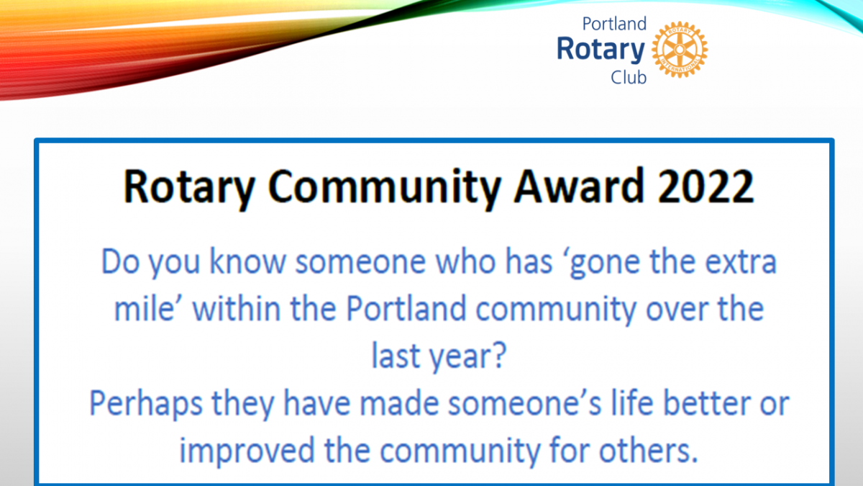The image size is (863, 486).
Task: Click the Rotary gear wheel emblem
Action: pyautogui.click(x=680, y=50)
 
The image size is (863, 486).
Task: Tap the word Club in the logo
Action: pyautogui.click(x=629, y=78)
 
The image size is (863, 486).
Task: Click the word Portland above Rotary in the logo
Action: pyautogui.click(x=614, y=24)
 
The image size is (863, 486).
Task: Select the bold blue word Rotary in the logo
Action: pyautogui.click(x=601, y=50)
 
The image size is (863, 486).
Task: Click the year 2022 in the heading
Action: pyautogui.click(x=706, y=186)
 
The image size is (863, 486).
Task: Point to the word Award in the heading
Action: pyautogui.click(x=579, y=186)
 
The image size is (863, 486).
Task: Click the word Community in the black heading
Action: pyautogui.click(x=384, y=189)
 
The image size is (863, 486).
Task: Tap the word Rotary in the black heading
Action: pyautogui.click(x=188, y=189)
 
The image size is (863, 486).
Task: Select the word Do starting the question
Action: pyautogui.click(x=120, y=262)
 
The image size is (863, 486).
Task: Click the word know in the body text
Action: pyautogui.click(x=247, y=261)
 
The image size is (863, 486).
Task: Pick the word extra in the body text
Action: pyautogui.click(x=741, y=262)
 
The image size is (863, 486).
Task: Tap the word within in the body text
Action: pyautogui.click(x=236, y=309)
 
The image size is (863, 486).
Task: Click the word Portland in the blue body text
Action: pyautogui.click(x=406, y=309)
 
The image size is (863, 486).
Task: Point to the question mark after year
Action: pyautogui.click(x=500, y=356)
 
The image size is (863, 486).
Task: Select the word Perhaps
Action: pyautogui.click(x=146, y=404)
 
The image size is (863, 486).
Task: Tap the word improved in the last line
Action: pyautogui.click(x=247, y=451)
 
